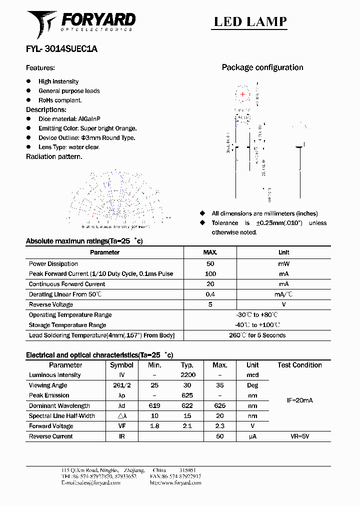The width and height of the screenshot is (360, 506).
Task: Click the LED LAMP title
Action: pos(250,21)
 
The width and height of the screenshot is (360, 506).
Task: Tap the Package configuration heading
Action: pos(262,67)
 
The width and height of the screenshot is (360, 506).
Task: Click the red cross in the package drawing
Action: pos(243,94)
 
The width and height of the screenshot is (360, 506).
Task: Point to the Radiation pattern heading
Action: pos(54,156)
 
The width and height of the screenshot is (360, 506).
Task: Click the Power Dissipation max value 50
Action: pos(210,263)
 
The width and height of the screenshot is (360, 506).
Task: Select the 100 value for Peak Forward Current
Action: pos(210,274)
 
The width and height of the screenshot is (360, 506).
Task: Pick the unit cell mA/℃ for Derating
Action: pos(283,294)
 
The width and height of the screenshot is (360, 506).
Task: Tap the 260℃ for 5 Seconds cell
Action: pos(257,335)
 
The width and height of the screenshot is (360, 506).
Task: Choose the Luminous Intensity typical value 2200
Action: pos(187,375)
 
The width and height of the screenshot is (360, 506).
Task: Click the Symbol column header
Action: pos(121,365)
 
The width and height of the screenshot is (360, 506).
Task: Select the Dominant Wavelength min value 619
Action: pos(154,406)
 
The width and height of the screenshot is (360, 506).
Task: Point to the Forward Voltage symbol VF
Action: pos(121,426)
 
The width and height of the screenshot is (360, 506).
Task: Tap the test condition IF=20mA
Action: pos(299,400)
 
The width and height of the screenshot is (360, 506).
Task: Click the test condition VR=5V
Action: pos(299,436)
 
